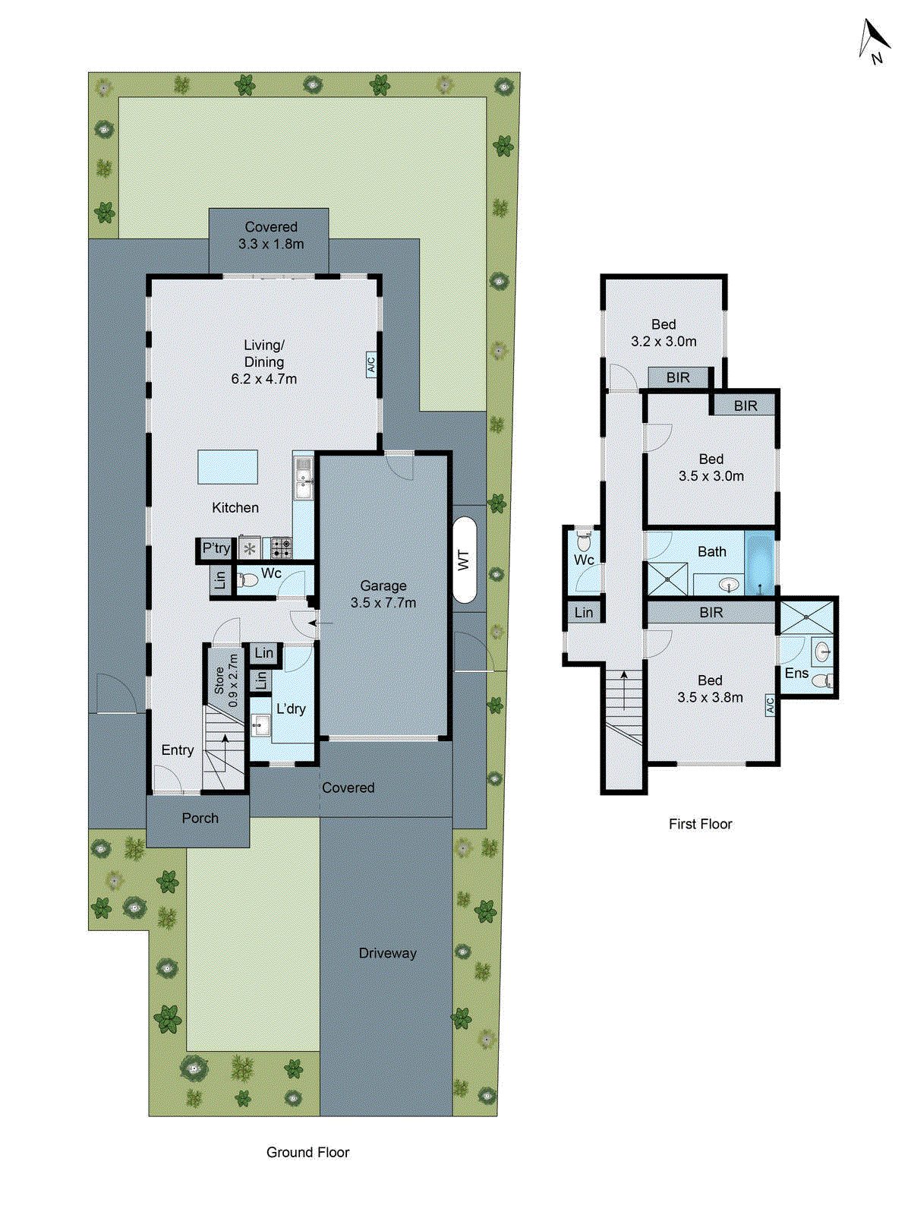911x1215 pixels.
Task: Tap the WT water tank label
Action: [x=464, y=560]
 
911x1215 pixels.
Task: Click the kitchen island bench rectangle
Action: [x=228, y=466]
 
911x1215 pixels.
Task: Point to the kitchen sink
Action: [x=303, y=478]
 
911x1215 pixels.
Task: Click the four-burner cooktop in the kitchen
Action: [x=281, y=547]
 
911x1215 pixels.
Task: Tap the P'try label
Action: [x=216, y=548]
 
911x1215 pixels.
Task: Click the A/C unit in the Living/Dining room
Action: [x=371, y=364]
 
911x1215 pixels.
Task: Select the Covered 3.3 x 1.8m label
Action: [x=271, y=235]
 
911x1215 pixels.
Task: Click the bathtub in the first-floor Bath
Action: [x=759, y=563]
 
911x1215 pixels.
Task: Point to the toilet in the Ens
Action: [x=822, y=680]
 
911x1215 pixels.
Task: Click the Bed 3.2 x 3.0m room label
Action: [x=664, y=333]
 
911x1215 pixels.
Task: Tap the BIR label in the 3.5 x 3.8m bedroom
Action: [x=711, y=612]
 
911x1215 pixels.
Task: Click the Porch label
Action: [x=200, y=818]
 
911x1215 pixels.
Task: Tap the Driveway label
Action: [x=387, y=953]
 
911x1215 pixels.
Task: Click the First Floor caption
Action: [x=700, y=824]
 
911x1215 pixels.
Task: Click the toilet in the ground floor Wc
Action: [x=248, y=580]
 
